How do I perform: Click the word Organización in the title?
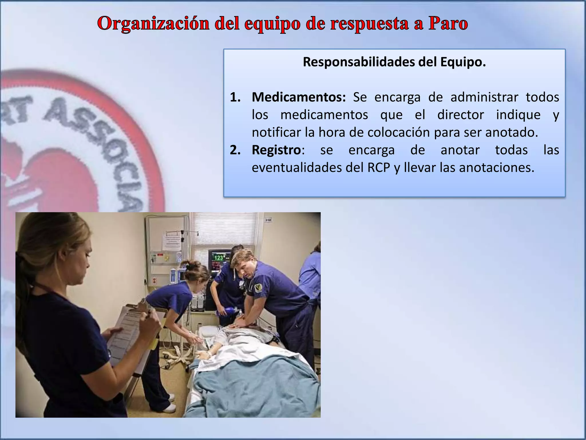click(x=153, y=23)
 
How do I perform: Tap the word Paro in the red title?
click(x=448, y=23)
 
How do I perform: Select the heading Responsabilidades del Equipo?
click(x=394, y=62)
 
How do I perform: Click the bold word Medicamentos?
click(x=299, y=97)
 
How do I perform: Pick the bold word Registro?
click(x=276, y=150)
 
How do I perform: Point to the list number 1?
click(x=235, y=97)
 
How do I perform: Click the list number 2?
click(x=235, y=150)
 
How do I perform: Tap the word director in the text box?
click(x=460, y=115)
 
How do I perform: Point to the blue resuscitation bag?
click(x=226, y=311)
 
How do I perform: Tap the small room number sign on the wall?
click(x=268, y=220)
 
